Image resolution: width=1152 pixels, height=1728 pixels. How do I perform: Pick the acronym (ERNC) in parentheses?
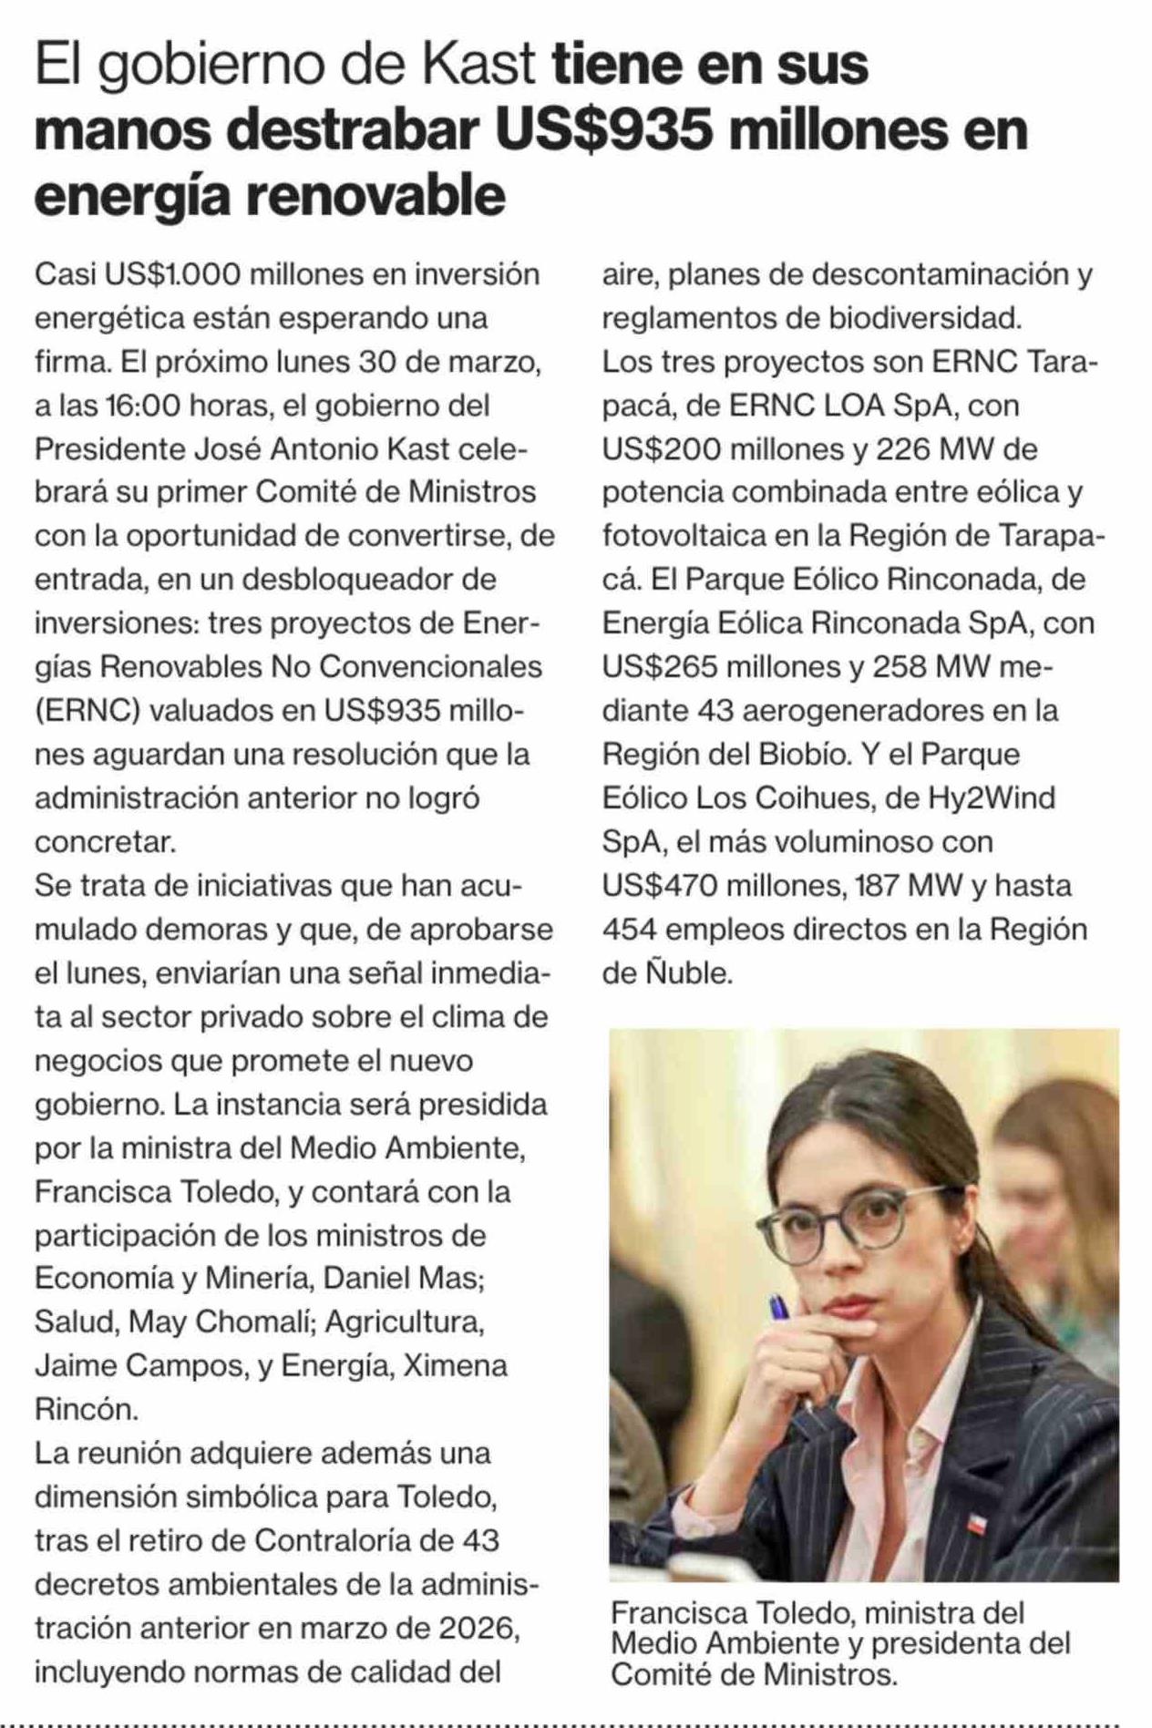[87, 711]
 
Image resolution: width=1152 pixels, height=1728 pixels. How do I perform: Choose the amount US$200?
[662, 449]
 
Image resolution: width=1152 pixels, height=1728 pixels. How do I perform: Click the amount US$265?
[662, 667]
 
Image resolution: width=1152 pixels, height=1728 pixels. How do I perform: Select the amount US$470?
[662, 886]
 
